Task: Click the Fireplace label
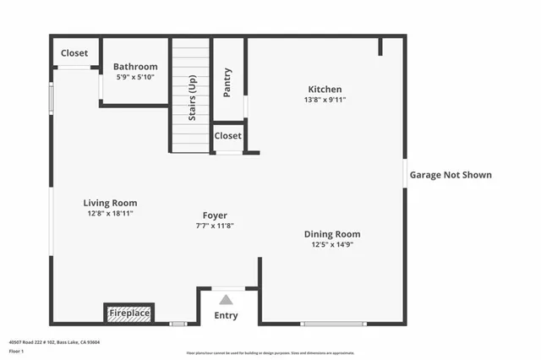pos(129,314)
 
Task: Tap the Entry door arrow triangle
pos(226,299)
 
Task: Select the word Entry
pos(226,316)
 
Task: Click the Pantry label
pos(227,83)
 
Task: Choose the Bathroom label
pos(135,67)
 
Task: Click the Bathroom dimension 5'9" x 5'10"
pos(135,77)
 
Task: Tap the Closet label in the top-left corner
pos(74,53)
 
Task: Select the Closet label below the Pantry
pos(227,136)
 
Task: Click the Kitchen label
pos(325,89)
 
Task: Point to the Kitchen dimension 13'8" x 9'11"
pos(325,100)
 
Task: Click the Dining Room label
pos(332,234)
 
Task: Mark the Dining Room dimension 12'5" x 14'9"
pos(332,245)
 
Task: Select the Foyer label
pos(215,215)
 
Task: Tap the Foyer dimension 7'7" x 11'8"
pos(215,226)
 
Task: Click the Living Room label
pos(110,203)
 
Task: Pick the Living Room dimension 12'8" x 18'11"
pos(110,213)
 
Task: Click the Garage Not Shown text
pos(451,176)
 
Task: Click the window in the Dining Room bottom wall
pos(334,324)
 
